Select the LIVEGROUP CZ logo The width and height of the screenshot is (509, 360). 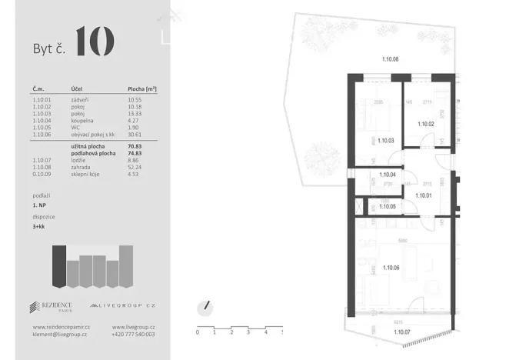123,308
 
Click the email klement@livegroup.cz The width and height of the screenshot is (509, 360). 60,335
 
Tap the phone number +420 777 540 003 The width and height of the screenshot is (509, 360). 132,335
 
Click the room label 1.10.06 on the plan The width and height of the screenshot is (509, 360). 389,268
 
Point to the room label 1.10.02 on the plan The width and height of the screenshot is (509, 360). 426,123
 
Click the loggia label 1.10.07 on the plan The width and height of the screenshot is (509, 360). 402,332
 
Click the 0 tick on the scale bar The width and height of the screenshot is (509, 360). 198,332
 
